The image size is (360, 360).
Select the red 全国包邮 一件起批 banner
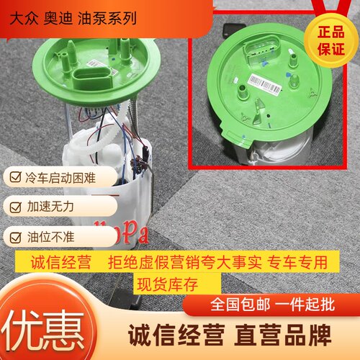pos(269,305)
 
